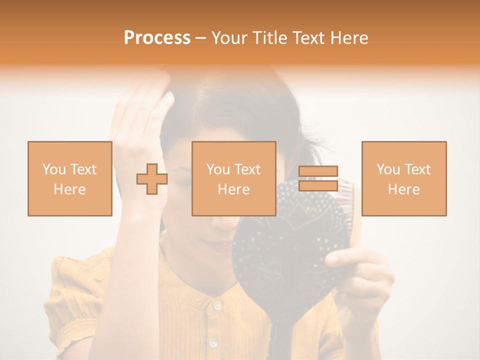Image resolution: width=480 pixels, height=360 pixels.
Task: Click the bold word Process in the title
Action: pos(157,38)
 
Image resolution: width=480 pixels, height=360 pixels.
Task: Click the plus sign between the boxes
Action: pos(152,179)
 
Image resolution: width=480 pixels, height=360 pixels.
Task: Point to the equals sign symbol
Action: pos(318,178)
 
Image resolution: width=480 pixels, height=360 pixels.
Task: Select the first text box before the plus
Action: pos(69,178)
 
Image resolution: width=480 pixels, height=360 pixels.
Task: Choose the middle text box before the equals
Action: pos(233,178)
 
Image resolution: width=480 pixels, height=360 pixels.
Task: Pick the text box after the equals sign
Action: pos(403,178)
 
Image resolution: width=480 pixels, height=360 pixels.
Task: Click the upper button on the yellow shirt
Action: pos(216,304)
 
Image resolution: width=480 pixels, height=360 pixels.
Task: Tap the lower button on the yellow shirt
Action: pos(213,343)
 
